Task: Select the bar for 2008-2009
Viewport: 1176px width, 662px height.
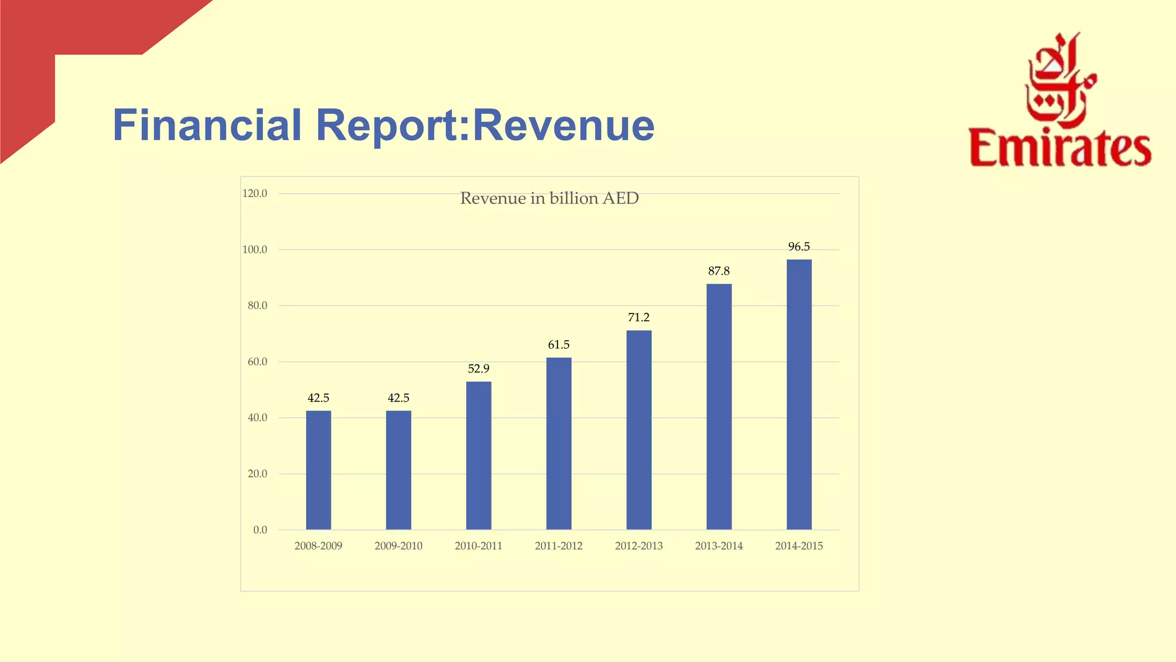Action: (318, 470)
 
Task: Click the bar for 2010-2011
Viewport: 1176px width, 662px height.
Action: (478, 456)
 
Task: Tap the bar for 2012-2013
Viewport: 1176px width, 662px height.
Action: (639, 430)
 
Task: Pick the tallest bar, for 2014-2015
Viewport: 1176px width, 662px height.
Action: (799, 395)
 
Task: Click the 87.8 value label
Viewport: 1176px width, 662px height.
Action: (718, 271)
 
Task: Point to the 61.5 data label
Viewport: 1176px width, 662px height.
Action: (558, 345)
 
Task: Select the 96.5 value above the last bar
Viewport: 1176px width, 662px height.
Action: (799, 247)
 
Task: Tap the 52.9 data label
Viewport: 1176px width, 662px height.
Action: (478, 369)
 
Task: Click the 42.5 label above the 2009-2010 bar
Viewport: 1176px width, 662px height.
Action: (398, 398)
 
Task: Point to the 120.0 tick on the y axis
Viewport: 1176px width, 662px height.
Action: (255, 194)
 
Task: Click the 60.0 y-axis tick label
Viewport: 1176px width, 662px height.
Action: (257, 362)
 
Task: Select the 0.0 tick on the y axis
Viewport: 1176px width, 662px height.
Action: (260, 530)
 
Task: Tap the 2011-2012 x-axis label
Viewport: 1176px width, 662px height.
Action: (558, 546)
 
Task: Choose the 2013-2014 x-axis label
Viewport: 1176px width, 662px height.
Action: (718, 546)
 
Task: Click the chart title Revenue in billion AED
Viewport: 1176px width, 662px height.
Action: (549, 198)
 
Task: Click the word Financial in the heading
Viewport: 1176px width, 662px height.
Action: (207, 125)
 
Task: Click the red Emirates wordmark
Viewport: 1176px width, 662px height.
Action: (1060, 148)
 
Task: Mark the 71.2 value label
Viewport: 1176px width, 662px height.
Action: (639, 318)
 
